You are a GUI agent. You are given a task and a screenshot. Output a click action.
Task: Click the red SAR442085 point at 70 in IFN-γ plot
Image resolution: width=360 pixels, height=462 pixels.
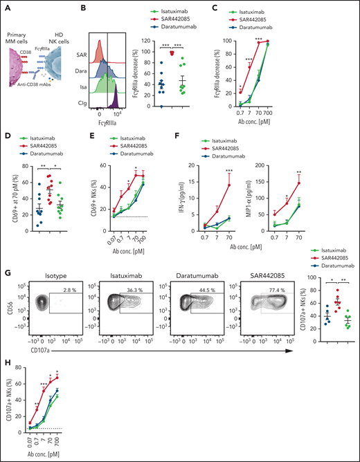[x=248, y=184]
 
